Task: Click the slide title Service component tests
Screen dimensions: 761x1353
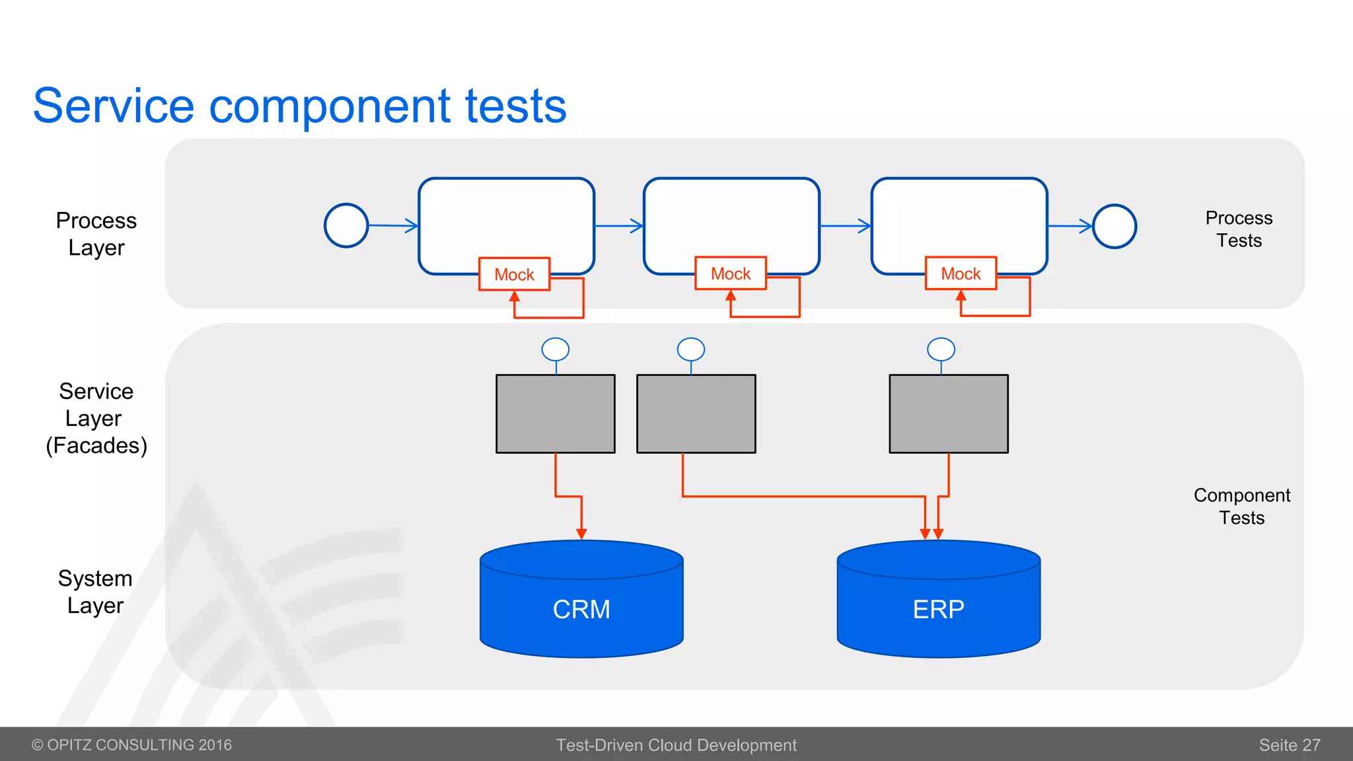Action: coord(299,106)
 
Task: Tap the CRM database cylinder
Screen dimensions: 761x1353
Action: coord(581,608)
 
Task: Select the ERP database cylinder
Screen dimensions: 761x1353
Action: coord(938,608)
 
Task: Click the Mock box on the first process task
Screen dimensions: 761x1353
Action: coord(514,274)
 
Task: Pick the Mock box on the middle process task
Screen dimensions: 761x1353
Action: coord(731,273)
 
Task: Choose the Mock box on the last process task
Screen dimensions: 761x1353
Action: coord(961,273)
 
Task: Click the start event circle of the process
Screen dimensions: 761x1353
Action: coord(346,225)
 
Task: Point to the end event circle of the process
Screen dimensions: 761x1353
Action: coord(1115,226)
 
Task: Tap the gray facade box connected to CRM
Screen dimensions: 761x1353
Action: coord(556,414)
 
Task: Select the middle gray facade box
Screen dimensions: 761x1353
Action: coord(696,414)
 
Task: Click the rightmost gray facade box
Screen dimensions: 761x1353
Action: coord(949,414)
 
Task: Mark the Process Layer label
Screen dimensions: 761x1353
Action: coord(96,234)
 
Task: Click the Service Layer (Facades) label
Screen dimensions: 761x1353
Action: coord(96,418)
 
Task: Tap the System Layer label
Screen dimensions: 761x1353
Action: coord(95,592)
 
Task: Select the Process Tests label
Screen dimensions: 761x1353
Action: coord(1239,229)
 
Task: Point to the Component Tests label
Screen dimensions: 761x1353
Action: coord(1241,506)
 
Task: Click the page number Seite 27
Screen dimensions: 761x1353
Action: coord(1289,745)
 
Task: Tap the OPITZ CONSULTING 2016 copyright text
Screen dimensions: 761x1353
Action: coord(132,745)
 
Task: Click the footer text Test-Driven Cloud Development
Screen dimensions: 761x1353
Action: coord(676,745)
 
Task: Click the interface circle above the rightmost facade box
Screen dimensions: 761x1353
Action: coord(941,349)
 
